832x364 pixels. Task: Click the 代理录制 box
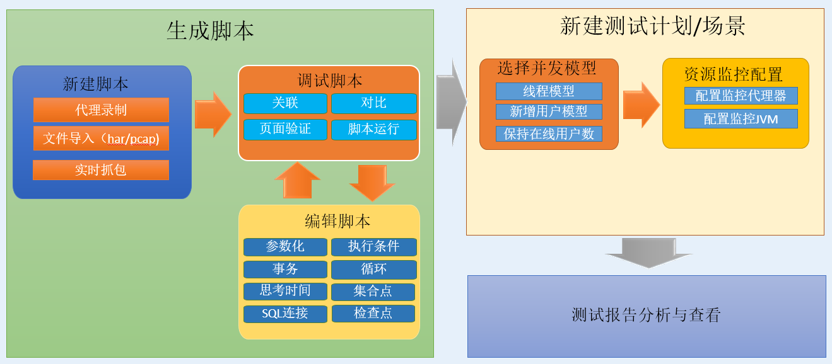click(101, 110)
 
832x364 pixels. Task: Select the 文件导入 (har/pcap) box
click(101, 139)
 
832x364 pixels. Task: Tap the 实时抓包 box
click(101, 170)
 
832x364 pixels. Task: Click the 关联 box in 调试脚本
click(285, 103)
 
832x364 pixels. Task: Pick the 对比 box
click(373, 103)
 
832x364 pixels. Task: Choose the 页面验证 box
click(285, 129)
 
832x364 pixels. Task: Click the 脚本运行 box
click(373, 129)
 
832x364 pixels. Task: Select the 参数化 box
click(285, 247)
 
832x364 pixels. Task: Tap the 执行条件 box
click(373, 247)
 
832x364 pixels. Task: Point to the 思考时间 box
click(285, 291)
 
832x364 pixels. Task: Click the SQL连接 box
click(285, 314)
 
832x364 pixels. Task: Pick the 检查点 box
click(373, 313)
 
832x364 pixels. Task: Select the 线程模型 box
click(549, 91)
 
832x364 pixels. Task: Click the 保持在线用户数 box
click(549, 134)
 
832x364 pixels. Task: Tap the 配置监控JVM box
click(741, 119)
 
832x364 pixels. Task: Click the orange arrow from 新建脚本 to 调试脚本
click(213, 114)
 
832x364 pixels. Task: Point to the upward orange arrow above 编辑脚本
click(297, 180)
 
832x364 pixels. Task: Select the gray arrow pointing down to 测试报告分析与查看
click(648, 253)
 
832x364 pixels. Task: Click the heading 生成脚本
click(210, 30)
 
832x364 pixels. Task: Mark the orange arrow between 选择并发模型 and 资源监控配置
click(642, 105)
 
